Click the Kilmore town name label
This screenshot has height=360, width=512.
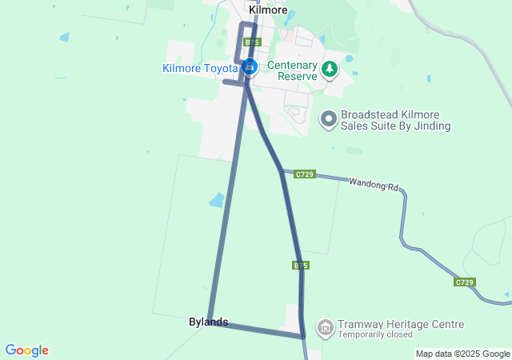pyautogui.click(x=268, y=10)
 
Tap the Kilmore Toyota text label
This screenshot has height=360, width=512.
pyautogui.click(x=200, y=68)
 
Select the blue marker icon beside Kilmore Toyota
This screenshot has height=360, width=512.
pyautogui.click(x=250, y=67)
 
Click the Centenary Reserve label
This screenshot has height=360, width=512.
pyautogui.click(x=293, y=70)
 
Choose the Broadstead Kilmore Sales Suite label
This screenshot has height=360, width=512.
pyautogui.click(x=395, y=120)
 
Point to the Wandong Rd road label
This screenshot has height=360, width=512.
pyautogui.click(x=373, y=184)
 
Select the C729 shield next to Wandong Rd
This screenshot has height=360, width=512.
pyautogui.click(x=304, y=174)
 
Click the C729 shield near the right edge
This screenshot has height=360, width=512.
pyautogui.click(x=464, y=282)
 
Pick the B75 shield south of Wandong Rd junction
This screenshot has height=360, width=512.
pyautogui.click(x=301, y=265)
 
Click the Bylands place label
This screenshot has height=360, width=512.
pyautogui.click(x=208, y=322)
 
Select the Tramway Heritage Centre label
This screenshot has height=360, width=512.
pyautogui.click(x=400, y=324)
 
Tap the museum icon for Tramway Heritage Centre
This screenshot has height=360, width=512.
pyautogui.click(x=325, y=327)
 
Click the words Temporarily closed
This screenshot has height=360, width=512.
pyautogui.click(x=375, y=334)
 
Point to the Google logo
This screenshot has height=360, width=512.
pyautogui.click(x=26, y=350)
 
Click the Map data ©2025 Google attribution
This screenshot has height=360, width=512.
pyautogui.click(x=462, y=354)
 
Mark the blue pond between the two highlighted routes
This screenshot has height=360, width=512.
pyautogui.click(x=217, y=200)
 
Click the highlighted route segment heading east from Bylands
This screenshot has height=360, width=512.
pyautogui.click(x=256, y=330)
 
